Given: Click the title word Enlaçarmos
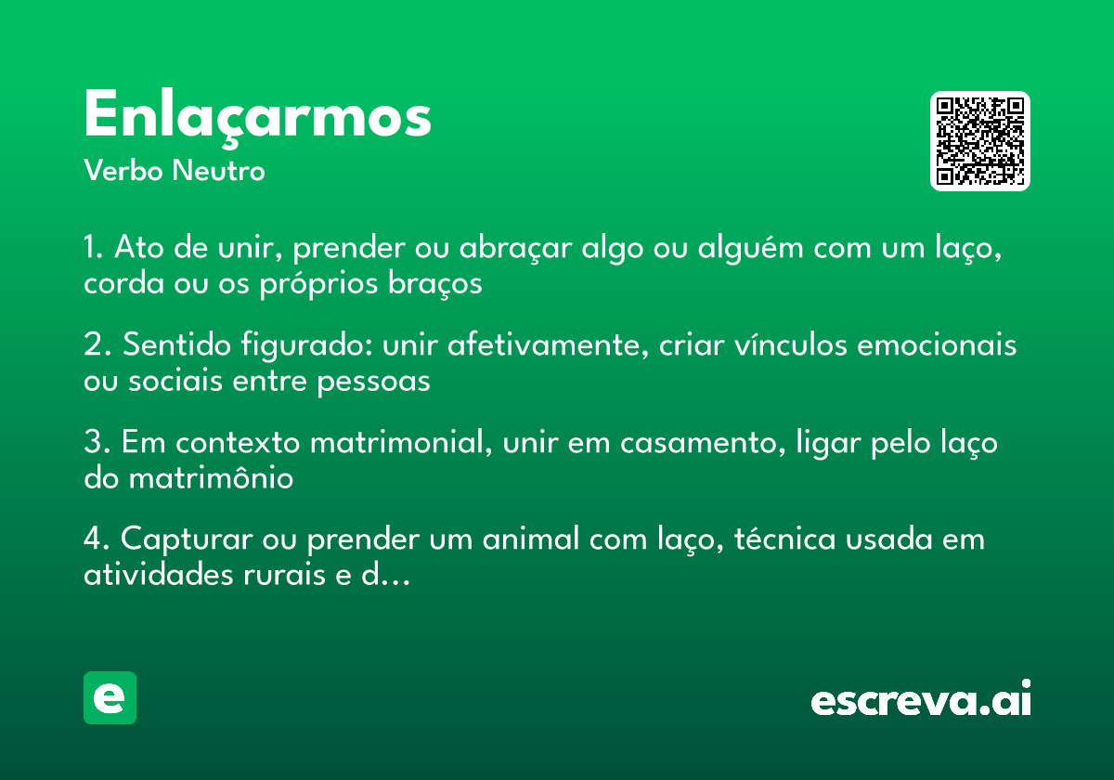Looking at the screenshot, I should point(257,117).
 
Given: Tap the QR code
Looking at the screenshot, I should point(980,141).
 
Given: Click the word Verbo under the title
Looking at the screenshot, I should point(123,172).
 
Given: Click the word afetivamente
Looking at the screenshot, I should point(550,346).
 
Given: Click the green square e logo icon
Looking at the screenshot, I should point(110,697).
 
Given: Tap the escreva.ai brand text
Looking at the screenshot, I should point(921,700).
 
